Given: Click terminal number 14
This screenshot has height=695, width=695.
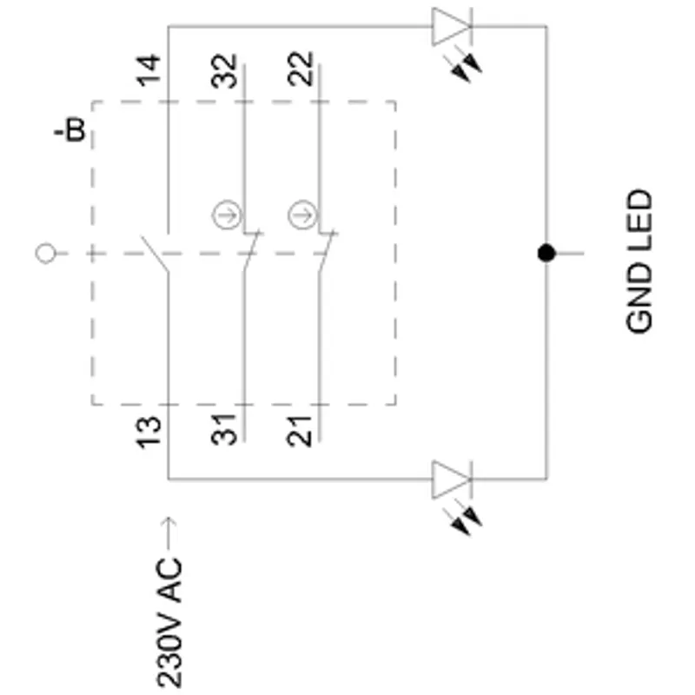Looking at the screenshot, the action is click(x=149, y=70).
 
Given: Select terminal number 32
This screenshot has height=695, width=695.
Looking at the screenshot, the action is click(x=224, y=71).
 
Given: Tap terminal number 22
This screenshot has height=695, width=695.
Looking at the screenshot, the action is click(x=300, y=69).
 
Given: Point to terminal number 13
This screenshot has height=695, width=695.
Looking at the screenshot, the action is click(x=149, y=432).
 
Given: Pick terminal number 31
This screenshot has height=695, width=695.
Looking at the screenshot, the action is click(x=224, y=429).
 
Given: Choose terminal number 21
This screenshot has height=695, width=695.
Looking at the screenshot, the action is click(x=300, y=430).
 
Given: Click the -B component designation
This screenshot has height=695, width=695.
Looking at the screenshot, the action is click(x=70, y=129).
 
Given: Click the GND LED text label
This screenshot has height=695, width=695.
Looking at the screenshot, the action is click(x=639, y=261).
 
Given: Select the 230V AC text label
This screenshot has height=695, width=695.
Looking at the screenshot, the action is click(x=169, y=623).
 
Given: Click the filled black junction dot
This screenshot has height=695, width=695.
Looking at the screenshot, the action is click(x=546, y=253).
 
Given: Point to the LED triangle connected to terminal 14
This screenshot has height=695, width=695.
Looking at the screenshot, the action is click(x=451, y=27).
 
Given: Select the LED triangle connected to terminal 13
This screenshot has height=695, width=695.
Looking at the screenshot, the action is click(x=451, y=480).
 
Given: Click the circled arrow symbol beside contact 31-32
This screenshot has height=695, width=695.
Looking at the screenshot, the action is click(x=227, y=215).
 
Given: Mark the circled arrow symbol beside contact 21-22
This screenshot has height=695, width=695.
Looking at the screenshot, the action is click(x=302, y=215).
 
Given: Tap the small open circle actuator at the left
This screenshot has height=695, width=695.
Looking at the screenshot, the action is click(x=46, y=254).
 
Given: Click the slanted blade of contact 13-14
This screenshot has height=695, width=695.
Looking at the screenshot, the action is click(x=155, y=254).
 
